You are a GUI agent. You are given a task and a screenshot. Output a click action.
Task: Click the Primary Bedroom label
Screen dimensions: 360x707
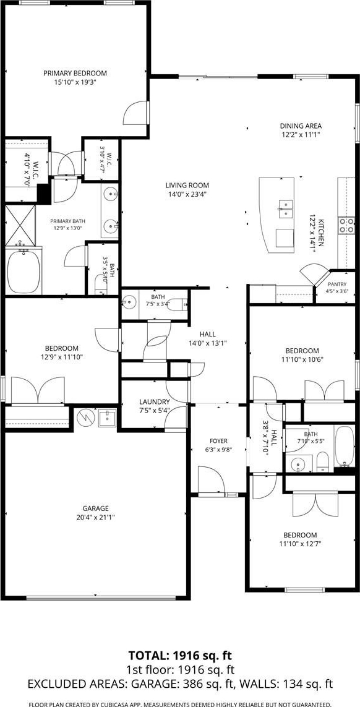coord(75,73)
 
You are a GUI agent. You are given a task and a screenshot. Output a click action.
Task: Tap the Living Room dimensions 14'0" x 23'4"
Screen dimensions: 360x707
coord(187,194)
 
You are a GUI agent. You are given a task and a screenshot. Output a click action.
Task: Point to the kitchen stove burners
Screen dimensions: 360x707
coord(346,224)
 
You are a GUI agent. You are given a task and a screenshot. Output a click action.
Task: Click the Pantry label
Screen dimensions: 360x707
coord(338,284)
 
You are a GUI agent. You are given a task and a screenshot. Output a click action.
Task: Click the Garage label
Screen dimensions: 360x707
coord(95,508)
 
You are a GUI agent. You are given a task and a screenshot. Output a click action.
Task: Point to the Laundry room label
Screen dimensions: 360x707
coord(154,401)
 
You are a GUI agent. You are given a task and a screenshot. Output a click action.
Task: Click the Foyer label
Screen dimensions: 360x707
coord(219,440)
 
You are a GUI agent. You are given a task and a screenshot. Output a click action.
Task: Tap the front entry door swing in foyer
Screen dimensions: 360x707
coord(211,481)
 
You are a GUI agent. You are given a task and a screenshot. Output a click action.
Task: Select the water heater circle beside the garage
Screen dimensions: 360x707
coord(84,418)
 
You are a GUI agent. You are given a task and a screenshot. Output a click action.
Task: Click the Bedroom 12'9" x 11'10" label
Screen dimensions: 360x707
coord(62,348)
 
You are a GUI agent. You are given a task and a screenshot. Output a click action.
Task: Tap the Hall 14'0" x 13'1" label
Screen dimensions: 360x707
coord(208,334)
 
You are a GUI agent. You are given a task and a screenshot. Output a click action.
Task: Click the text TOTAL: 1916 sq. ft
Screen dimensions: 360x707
coord(180,655)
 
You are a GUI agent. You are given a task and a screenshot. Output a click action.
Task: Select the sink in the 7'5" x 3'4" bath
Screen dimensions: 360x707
coord(130,301)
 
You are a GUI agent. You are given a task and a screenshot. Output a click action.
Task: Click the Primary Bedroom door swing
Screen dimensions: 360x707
coord(136,113)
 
